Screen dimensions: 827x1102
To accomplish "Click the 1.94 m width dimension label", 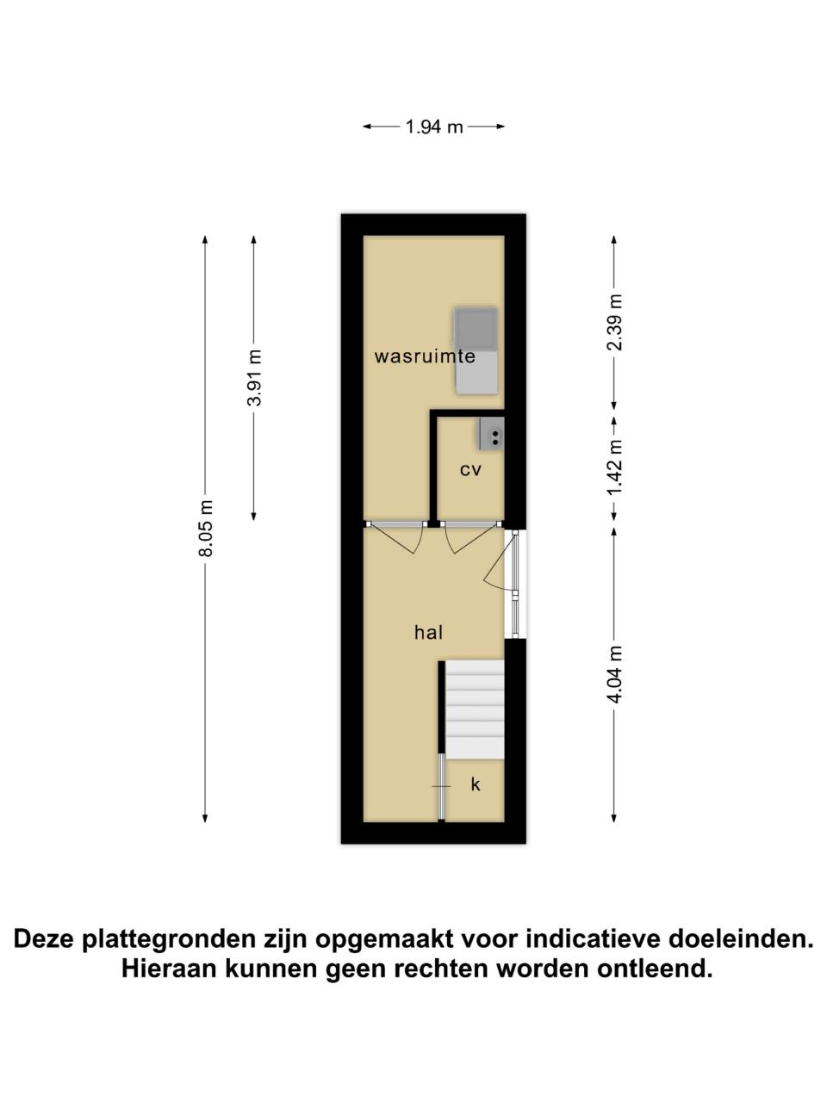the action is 434,127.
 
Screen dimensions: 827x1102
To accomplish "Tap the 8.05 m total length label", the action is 206,528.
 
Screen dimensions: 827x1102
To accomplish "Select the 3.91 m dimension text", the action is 255,378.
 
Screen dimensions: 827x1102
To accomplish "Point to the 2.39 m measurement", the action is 616,322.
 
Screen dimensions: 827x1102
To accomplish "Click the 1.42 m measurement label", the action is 616,467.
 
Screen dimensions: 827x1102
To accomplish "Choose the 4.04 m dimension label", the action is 616,674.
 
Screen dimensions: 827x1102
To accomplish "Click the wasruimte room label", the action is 425,356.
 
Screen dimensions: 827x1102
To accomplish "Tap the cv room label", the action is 470,470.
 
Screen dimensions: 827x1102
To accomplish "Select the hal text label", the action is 428,632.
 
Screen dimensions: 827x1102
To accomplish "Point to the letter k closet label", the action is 475,783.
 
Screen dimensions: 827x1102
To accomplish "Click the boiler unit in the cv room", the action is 491,433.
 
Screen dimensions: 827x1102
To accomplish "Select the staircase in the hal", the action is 475,709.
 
